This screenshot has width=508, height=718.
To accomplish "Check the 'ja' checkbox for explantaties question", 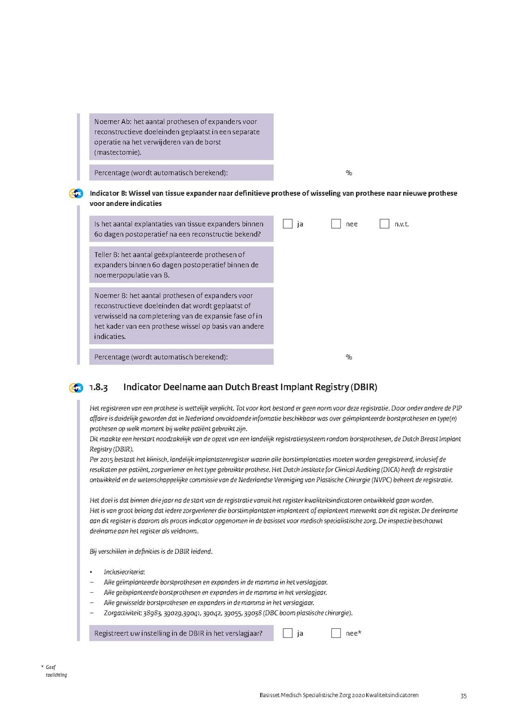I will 288,224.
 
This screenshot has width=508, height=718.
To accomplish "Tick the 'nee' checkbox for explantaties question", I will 336,224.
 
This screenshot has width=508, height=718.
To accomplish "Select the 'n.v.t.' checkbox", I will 384,224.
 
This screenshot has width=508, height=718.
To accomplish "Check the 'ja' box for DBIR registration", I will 288,633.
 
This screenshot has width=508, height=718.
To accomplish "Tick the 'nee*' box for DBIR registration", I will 336,633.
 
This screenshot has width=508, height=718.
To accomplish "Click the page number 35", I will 463,695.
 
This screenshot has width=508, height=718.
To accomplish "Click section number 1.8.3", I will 98,387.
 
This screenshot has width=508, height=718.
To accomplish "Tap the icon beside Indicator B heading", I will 76,193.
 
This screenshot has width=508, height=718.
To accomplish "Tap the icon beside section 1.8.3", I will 76,387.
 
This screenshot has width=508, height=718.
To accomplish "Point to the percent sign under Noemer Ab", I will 349,173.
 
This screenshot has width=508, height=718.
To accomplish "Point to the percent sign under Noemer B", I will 349,357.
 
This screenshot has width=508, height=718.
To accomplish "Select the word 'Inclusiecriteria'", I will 124,572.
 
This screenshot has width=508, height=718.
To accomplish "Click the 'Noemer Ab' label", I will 112,122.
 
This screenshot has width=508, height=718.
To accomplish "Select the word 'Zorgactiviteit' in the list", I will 122,613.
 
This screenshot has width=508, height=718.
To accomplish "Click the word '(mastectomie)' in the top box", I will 118,152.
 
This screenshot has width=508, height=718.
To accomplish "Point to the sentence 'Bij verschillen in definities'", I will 151,551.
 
